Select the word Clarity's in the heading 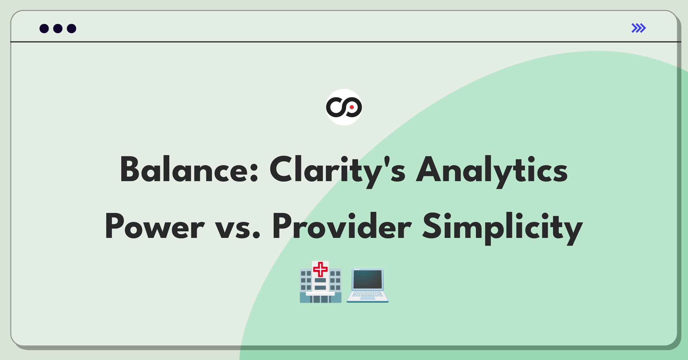337,171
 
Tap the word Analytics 492,171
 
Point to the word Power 155,226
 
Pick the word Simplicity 503,228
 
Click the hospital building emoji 320,282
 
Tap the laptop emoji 368,285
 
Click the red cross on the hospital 320,269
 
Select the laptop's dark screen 368,279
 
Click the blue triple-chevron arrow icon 639,28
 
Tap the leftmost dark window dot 44,28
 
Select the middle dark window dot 58,28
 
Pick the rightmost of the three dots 72,28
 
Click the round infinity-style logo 344,107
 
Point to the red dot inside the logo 352,107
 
